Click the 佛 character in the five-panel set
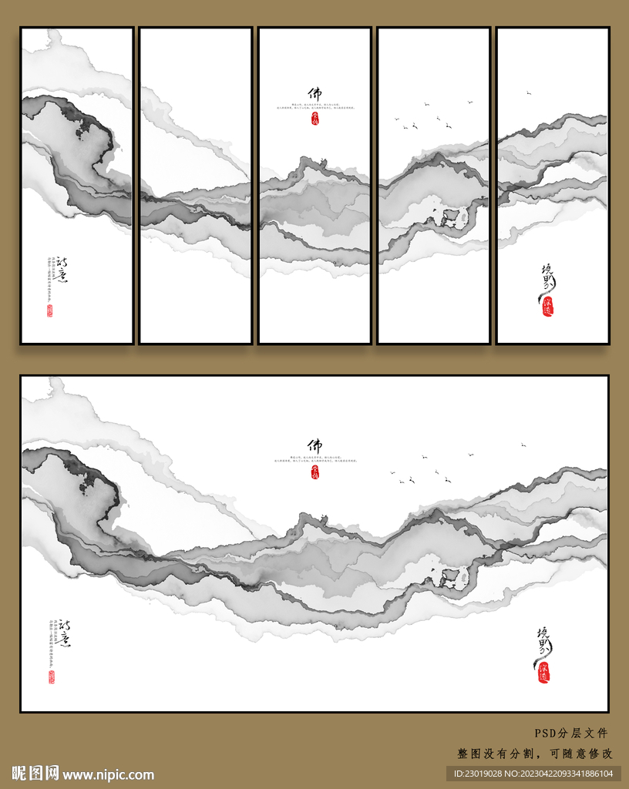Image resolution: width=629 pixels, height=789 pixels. pos(314,93)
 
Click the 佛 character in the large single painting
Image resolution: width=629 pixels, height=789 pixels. pos(314,445)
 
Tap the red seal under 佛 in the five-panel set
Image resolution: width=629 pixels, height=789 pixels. pos(314,119)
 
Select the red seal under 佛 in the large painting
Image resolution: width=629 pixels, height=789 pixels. pos(314,475)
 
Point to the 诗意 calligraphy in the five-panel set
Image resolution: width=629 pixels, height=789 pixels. pos(56,270)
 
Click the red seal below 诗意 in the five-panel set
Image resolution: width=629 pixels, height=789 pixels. pos(50,311)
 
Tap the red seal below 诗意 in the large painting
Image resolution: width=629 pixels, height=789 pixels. pos(52,677)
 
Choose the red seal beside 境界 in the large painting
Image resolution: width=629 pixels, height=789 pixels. pos(543,672)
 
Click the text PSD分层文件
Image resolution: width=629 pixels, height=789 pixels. pos(571,734)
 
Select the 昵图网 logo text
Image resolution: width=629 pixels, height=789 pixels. pos(35,774)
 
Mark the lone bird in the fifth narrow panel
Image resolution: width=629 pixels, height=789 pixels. pos(529,92)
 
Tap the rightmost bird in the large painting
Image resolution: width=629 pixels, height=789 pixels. pos(523,444)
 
